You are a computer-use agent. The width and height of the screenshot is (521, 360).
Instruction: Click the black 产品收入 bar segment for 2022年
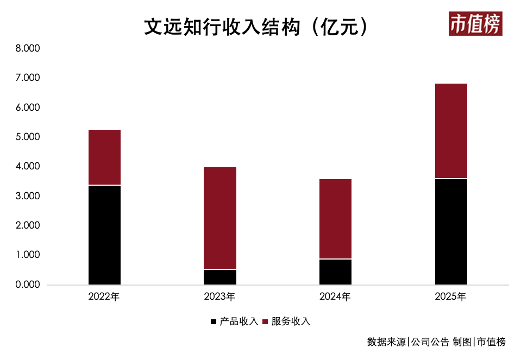point(105,235)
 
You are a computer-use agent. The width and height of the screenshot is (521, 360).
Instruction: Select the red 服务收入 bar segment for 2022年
point(105,157)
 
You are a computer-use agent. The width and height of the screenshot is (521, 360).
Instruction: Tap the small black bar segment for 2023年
point(220,277)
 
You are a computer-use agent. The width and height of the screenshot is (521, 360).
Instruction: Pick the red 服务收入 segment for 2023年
point(220,218)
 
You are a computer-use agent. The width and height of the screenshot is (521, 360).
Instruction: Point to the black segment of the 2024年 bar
point(335,272)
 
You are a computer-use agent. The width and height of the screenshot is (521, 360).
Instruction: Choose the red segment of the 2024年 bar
point(335,219)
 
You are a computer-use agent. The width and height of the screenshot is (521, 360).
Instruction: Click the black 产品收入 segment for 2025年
point(451,232)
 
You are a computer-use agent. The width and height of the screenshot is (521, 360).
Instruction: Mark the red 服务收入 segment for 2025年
point(451,131)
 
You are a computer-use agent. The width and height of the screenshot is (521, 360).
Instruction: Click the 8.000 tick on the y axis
point(28,48)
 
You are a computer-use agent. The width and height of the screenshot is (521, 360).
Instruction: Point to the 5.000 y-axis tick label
point(28,137)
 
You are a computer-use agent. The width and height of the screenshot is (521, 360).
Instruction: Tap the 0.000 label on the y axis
point(28,285)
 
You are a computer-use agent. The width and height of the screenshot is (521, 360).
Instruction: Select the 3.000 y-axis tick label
point(28,196)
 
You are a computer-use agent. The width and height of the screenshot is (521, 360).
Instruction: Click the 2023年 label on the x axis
point(219,296)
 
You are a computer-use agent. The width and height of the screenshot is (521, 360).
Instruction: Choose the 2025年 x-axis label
point(450,296)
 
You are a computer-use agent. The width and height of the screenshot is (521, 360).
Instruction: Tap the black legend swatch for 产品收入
point(214,321)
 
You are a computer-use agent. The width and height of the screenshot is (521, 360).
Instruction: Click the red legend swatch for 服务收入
point(265,321)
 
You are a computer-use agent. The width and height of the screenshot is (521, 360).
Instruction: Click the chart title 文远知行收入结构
point(222,27)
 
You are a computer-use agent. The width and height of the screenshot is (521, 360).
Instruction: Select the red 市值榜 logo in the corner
point(475,23)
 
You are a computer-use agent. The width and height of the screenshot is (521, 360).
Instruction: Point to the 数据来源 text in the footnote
point(386,342)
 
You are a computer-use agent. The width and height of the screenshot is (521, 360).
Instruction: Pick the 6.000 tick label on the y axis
point(28,108)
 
